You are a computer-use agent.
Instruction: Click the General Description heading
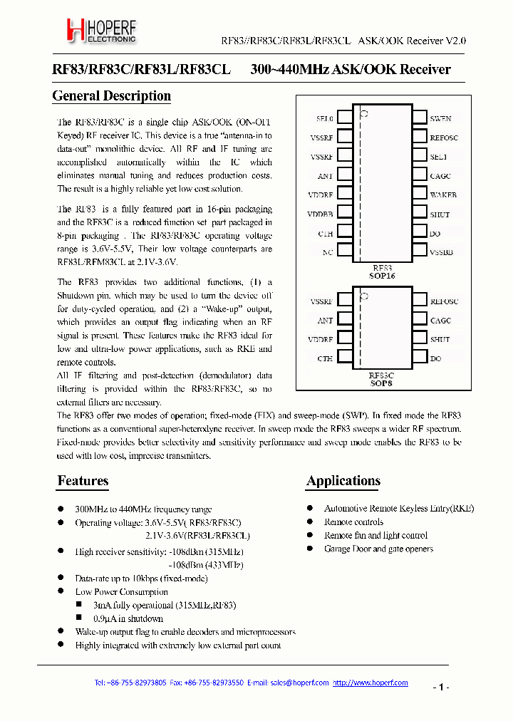click(x=112, y=95)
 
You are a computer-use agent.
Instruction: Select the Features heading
click(x=83, y=481)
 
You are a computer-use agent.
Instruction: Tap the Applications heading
click(x=343, y=481)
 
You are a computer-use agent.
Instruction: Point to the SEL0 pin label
click(x=324, y=118)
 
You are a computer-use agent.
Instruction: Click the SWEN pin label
click(x=440, y=118)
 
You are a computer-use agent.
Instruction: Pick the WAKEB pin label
click(x=443, y=194)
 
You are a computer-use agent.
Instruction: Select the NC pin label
click(x=327, y=252)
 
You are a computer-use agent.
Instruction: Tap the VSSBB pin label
click(x=442, y=252)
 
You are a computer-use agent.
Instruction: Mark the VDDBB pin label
click(x=321, y=214)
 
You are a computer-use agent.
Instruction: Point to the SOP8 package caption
click(x=381, y=383)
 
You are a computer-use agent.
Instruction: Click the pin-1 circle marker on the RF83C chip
click(x=363, y=295)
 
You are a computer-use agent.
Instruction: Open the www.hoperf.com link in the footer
click(x=378, y=683)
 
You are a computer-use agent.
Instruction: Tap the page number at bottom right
click(x=440, y=688)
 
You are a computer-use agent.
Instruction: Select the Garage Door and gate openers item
click(x=378, y=549)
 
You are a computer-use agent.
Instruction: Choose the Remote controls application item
click(x=353, y=522)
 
